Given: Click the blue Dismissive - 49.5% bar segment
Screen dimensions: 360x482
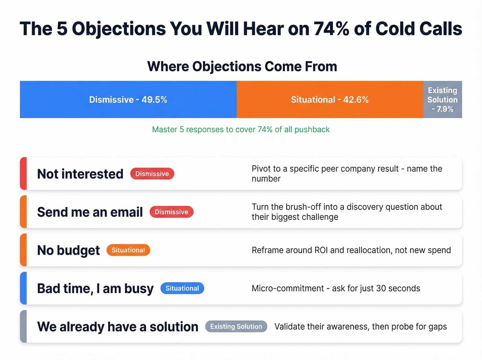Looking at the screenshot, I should click(x=128, y=100).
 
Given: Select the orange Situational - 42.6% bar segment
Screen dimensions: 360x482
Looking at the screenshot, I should click(x=329, y=100).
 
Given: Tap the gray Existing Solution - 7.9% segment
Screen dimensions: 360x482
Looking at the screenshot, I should click(x=442, y=100).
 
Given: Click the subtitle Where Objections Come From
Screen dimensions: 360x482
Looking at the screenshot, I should click(x=242, y=66).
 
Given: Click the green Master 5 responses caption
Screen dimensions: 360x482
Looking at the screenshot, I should click(x=241, y=130).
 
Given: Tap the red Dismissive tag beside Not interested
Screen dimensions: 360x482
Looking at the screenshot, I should click(x=152, y=174).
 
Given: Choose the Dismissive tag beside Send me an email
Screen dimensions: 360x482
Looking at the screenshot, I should click(x=171, y=212).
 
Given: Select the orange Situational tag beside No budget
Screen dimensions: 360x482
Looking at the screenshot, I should click(x=128, y=250).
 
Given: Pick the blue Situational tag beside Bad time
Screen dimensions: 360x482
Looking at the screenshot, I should click(x=182, y=288).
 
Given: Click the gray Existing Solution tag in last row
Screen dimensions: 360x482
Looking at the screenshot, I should click(x=236, y=327).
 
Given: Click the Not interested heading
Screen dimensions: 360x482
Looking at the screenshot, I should click(x=80, y=174).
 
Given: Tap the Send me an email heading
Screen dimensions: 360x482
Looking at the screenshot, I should click(x=90, y=212).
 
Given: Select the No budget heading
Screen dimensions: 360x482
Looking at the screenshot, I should click(x=69, y=250).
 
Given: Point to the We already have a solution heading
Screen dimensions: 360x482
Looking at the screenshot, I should click(x=118, y=327).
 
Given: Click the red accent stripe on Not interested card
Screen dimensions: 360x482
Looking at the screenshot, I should click(x=23, y=174).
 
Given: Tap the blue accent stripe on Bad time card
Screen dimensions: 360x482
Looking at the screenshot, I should click(x=23, y=288).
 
